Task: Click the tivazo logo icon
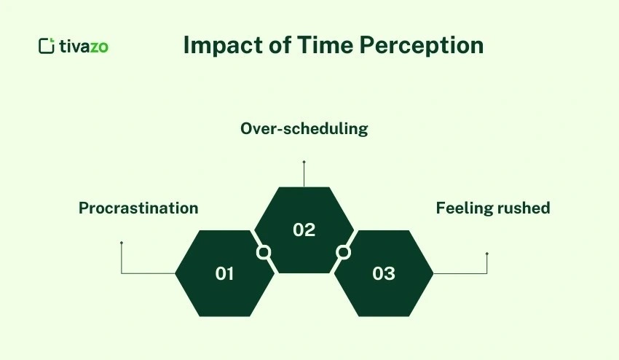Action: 47,46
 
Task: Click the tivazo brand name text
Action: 84,46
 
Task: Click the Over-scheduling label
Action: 304,129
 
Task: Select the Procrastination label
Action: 138,208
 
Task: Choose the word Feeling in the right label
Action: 463,208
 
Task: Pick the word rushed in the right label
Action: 523,208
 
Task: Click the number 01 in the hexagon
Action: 224,274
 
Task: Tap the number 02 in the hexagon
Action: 304,230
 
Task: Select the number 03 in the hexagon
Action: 383,274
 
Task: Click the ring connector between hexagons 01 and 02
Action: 264,252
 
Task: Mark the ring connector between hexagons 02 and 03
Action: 343,252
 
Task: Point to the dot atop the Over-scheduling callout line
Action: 304,162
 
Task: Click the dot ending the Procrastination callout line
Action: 122,243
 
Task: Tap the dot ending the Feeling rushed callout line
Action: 486,254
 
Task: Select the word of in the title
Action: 275,45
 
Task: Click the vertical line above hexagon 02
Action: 304,175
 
